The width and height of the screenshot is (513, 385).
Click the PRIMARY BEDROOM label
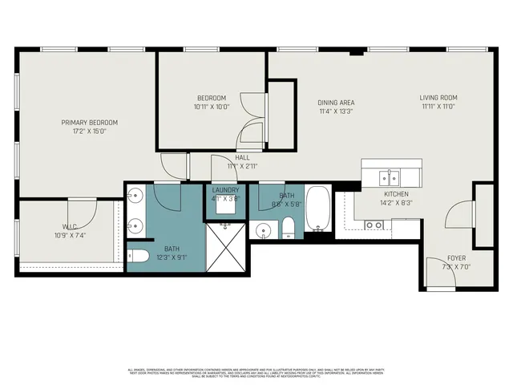click(90, 123)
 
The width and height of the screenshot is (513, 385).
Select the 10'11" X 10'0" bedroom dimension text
click(212, 107)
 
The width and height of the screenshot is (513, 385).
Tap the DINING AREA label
click(336, 103)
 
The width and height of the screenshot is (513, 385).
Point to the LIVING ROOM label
click(438, 99)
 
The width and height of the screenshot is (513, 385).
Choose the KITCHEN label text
click(396, 194)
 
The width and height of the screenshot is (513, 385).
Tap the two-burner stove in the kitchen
click(374, 225)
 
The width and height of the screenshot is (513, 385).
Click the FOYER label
click(458, 257)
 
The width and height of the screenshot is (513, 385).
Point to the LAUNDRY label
click(225, 190)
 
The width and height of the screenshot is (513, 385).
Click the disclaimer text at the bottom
click(256, 372)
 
